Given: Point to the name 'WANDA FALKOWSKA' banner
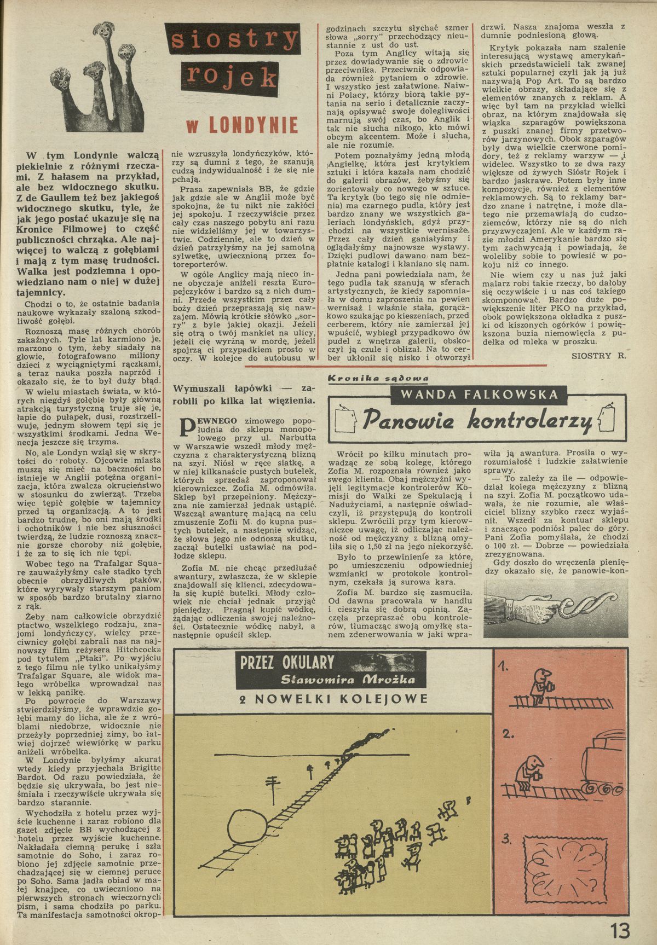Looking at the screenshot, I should coord(479,395).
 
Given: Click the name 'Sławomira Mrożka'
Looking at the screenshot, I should coord(348,680).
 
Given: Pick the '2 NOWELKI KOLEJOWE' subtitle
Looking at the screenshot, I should coord(333,699).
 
